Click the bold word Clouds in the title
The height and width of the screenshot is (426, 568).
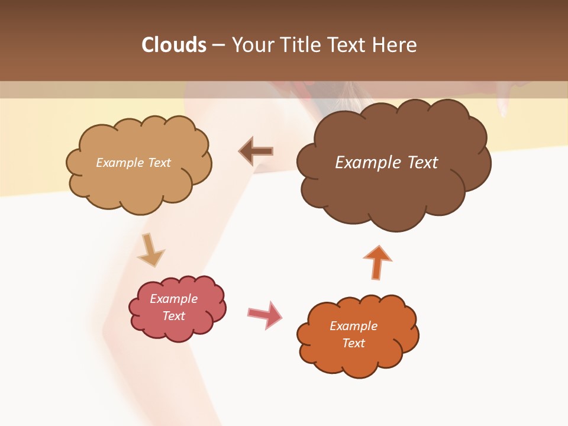(174, 45)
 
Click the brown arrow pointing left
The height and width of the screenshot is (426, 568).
(256, 151)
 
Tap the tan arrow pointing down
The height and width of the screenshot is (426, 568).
(150, 250)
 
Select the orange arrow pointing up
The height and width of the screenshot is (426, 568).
(377, 262)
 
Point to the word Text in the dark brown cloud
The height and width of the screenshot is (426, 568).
(422, 163)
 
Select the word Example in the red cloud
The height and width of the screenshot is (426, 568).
(174, 299)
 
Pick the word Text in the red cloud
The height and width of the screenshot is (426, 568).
(174, 316)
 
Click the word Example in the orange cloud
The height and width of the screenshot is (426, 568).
(353, 326)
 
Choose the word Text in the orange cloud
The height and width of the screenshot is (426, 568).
(353, 343)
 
